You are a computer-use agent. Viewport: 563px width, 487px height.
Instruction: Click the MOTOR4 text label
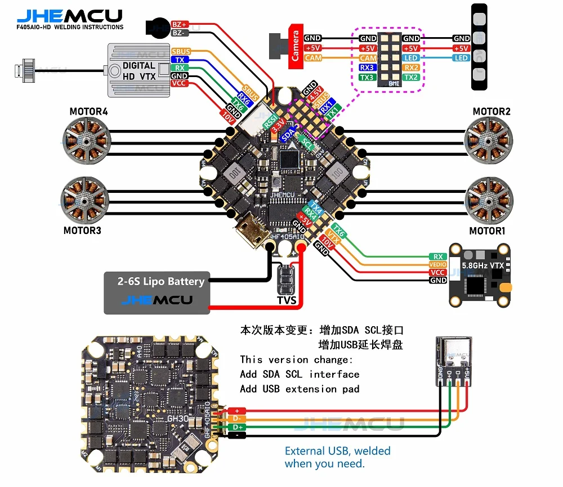pos(88,111)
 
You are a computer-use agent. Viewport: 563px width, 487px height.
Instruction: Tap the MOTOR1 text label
pos(488,231)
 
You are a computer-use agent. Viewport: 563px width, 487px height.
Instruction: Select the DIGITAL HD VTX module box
pos(138,70)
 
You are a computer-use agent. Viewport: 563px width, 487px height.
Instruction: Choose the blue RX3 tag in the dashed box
pos(368,67)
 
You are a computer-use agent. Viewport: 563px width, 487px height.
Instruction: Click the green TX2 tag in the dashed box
pos(411,77)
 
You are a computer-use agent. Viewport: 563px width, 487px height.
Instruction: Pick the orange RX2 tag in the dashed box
pos(411,67)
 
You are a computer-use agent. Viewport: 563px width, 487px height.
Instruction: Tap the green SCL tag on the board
pos(307,142)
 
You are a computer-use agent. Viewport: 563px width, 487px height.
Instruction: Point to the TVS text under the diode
pos(286,301)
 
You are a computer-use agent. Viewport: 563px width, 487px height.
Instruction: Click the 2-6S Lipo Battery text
pos(161,281)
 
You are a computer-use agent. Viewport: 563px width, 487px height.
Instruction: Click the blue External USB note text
pos(337,457)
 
